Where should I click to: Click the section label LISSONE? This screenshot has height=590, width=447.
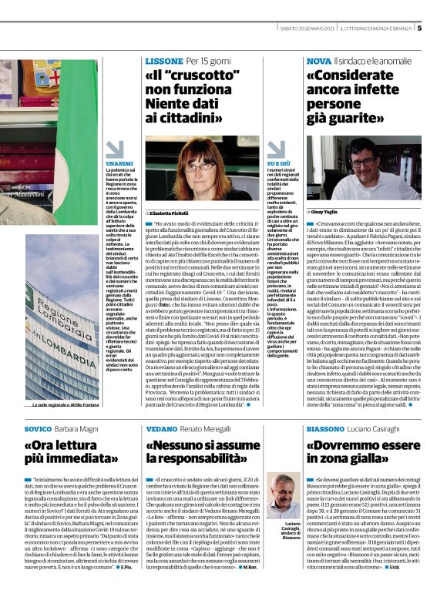coord(163,61)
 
